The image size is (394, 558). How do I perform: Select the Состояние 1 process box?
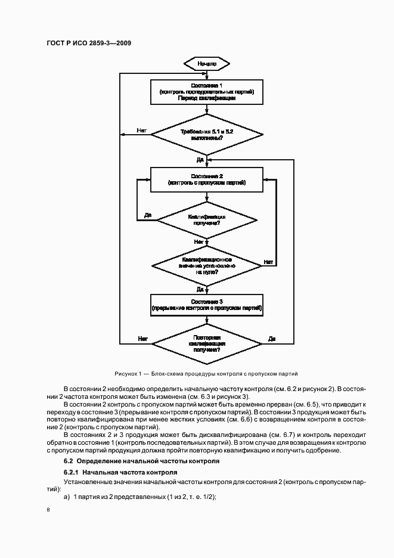(x=206, y=93)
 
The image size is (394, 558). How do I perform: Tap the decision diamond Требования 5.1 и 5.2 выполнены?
(x=206, y=134)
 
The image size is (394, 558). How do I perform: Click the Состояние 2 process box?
(x=206, y=179)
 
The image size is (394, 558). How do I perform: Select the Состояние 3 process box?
(x=206, y=305)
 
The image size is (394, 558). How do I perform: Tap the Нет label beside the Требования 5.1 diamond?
(x=141, y=129)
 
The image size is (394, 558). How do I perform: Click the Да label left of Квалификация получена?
(x=147, y=215)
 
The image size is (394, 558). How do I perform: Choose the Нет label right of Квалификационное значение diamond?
(x=268, y=262)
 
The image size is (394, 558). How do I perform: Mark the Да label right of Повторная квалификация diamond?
(x=271, y=339)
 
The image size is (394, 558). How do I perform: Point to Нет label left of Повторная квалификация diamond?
(x=142, y=339)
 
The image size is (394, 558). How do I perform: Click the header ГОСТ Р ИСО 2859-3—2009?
(x=89, y=43)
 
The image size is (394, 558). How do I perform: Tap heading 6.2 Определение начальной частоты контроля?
(x=138, y=461)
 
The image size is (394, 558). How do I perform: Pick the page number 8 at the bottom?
(x=48, y=510)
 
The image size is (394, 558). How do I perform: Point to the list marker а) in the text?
(x=67, y=497)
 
